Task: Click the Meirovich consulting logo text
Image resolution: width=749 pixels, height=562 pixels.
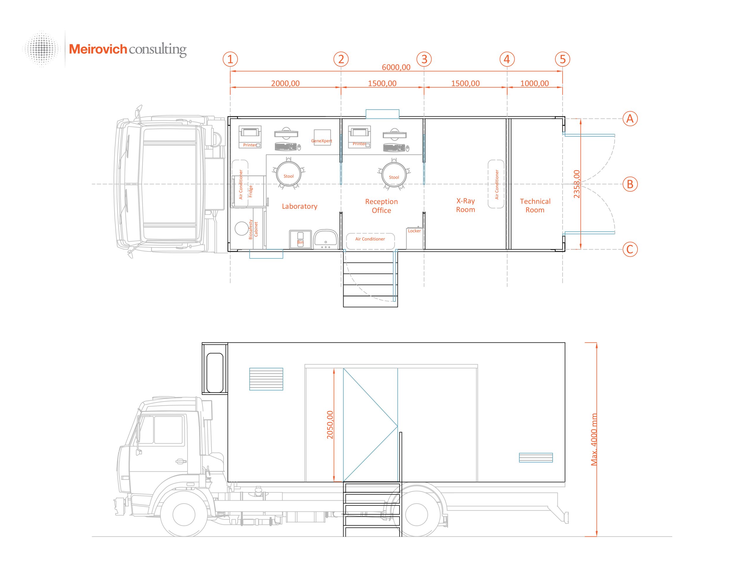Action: [x=128, y=49]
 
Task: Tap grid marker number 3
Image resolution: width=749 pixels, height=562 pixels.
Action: [x=424, y=59]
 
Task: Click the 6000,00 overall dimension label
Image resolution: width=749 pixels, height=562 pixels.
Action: [x=396, y=67]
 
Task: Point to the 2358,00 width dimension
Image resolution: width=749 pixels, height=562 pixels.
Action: [x=576, y=184]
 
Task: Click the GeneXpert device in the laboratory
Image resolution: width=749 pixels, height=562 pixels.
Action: [x=322, y=137]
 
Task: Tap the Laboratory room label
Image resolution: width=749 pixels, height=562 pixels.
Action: [x=299, y=206]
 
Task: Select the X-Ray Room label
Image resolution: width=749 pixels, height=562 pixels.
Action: [x=465, y=205]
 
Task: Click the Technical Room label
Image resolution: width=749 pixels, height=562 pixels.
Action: [x=535, y=205]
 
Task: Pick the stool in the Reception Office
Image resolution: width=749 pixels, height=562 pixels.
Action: [x=394, y=175]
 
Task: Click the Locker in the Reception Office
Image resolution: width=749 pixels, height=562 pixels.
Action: [x=415, y=237]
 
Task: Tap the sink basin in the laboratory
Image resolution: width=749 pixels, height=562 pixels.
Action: [x=325, y=239]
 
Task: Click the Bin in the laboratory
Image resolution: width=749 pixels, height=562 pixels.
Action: [x=300, y=239]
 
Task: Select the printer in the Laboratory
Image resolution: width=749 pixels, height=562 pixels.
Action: [x=250, y=137]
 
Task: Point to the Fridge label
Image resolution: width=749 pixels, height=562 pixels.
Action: [x=250, y=191]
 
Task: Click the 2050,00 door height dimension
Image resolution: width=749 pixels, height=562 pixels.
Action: [x=330, y=425]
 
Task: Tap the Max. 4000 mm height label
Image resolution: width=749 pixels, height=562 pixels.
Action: [x=594, y=439]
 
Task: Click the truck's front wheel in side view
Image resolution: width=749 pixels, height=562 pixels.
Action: [x=184, y=515]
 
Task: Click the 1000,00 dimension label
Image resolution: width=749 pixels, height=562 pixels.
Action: [x=534, y=83]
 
